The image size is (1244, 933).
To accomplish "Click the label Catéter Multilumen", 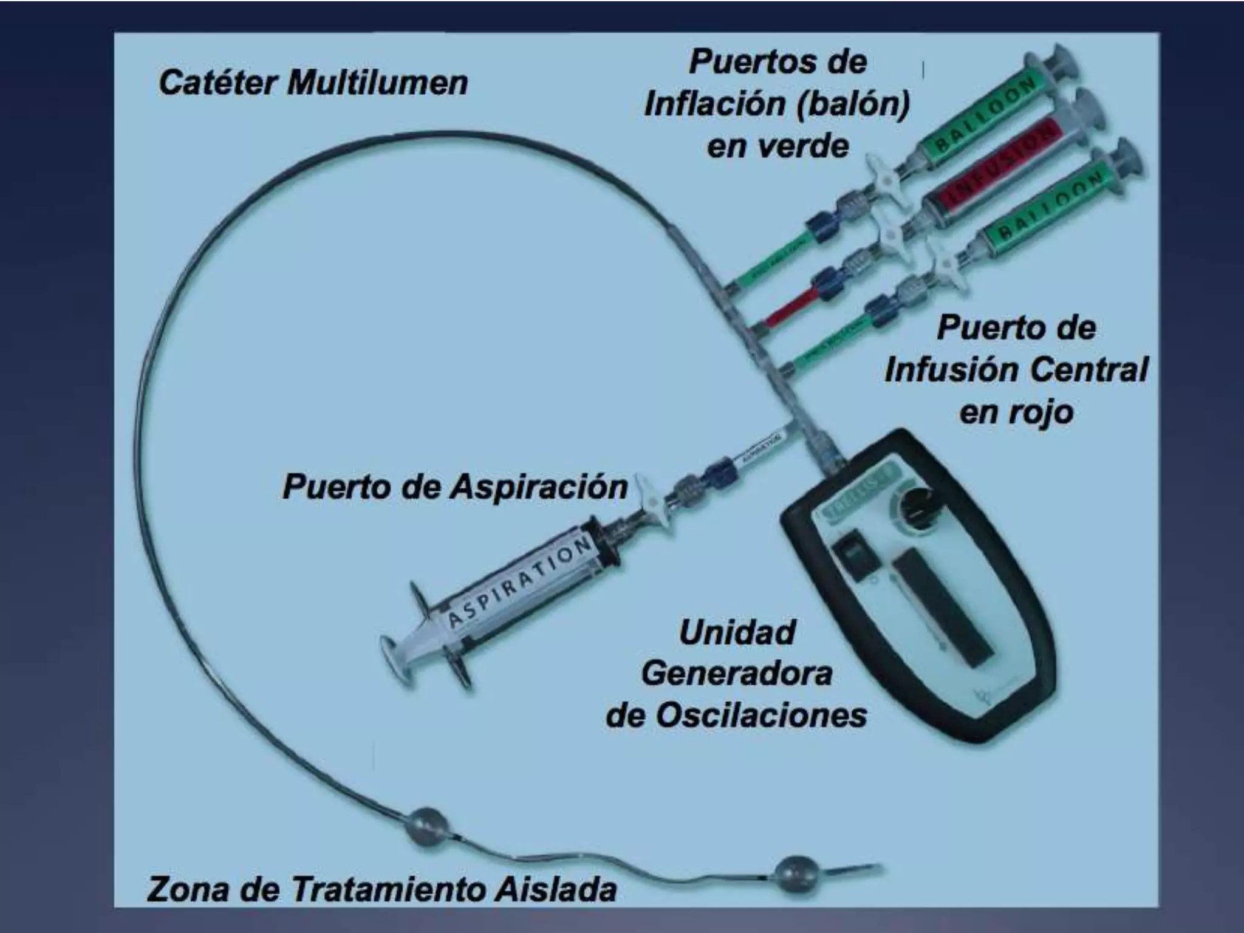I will click(313, 83).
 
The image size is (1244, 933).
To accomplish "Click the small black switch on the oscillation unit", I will click(851, 550).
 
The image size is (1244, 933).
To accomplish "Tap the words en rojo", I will click(1016, 412).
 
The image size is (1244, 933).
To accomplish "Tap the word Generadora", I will click(737, 674).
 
